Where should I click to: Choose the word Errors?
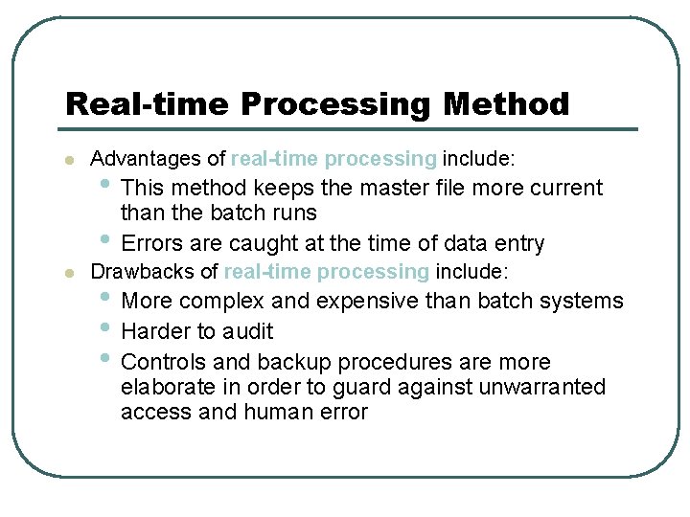(152, 243)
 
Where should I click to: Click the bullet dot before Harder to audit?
(104, 328)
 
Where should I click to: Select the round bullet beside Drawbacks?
(67, 274)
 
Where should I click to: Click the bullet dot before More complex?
(104, 298)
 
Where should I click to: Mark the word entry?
(517, 243)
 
